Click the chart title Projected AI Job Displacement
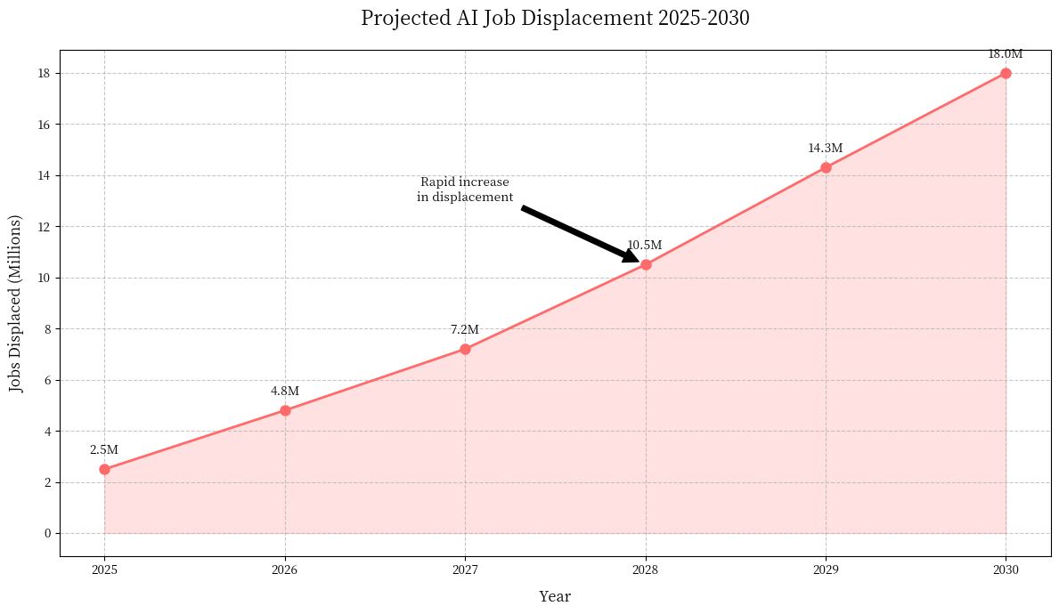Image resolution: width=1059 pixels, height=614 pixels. (x=555, y=19)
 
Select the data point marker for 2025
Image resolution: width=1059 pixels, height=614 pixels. (x=104, y=469)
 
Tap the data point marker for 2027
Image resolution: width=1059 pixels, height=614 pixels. (x=465, y=349)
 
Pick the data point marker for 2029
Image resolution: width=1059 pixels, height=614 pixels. (x=826, y=167)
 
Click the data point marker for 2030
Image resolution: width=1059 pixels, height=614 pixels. (x=1006, y=73)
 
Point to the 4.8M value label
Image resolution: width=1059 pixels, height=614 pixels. (x=285, y=392)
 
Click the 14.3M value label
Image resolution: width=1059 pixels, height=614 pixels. (x=825, y=149)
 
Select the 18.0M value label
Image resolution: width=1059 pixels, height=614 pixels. (x=1005, y=54)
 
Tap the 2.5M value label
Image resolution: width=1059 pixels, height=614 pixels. (x=104, y=450)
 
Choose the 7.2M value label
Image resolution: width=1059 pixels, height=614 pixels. (x=465, y=330)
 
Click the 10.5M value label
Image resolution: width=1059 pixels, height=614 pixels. (x=645, y=246)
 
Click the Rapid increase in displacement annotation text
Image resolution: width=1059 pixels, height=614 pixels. (x=465, y=190)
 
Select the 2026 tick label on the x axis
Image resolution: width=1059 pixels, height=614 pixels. (x=285, y=570)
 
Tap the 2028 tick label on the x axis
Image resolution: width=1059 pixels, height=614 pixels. (x=646, y=570)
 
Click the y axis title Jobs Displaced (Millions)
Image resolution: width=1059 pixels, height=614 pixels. (x=17, y=303)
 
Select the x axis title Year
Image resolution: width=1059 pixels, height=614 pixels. (x=555, y=596)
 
